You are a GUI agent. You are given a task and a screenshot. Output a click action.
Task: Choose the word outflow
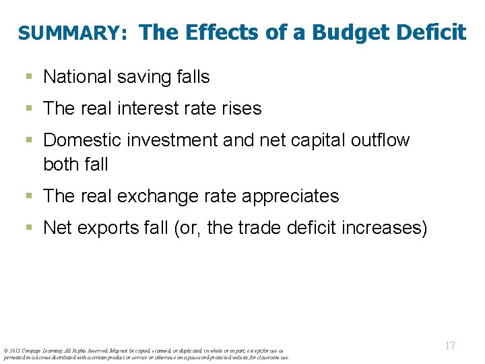(381, 140)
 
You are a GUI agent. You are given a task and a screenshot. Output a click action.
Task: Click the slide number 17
(450, 346)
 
